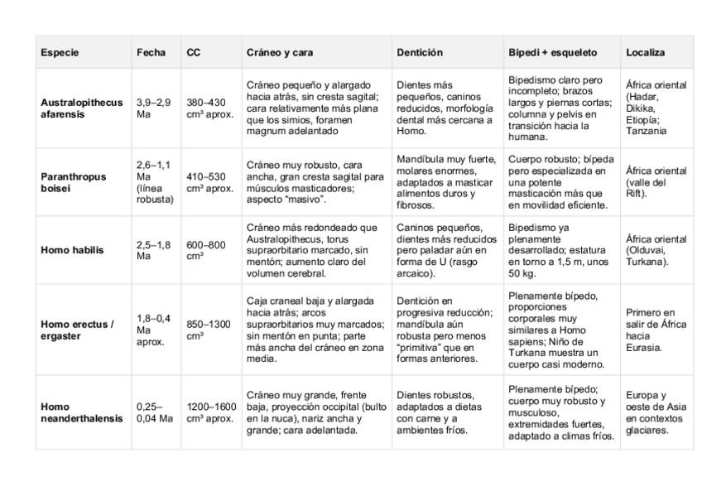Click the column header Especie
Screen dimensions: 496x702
click(x=60, y=52)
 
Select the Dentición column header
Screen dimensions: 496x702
click(x=420, y=52)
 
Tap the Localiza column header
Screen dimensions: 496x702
click(x=645, y=52)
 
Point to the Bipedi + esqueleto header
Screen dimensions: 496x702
click(x=552, y=52)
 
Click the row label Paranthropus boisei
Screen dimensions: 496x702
click(x=75, y=182)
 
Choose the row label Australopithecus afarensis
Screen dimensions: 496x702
click(x=81, y=108)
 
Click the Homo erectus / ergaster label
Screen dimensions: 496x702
click(x=77, y=330)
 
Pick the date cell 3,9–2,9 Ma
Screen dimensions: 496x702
click(x=154, y=108)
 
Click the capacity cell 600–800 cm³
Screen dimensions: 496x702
click(x=206, y=250)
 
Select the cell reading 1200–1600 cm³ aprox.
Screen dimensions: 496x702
click(x=211, y=412)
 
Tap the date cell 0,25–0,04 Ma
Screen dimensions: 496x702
click(x=155, y=412)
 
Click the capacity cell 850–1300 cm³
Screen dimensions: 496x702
click(x=209, y=330)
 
